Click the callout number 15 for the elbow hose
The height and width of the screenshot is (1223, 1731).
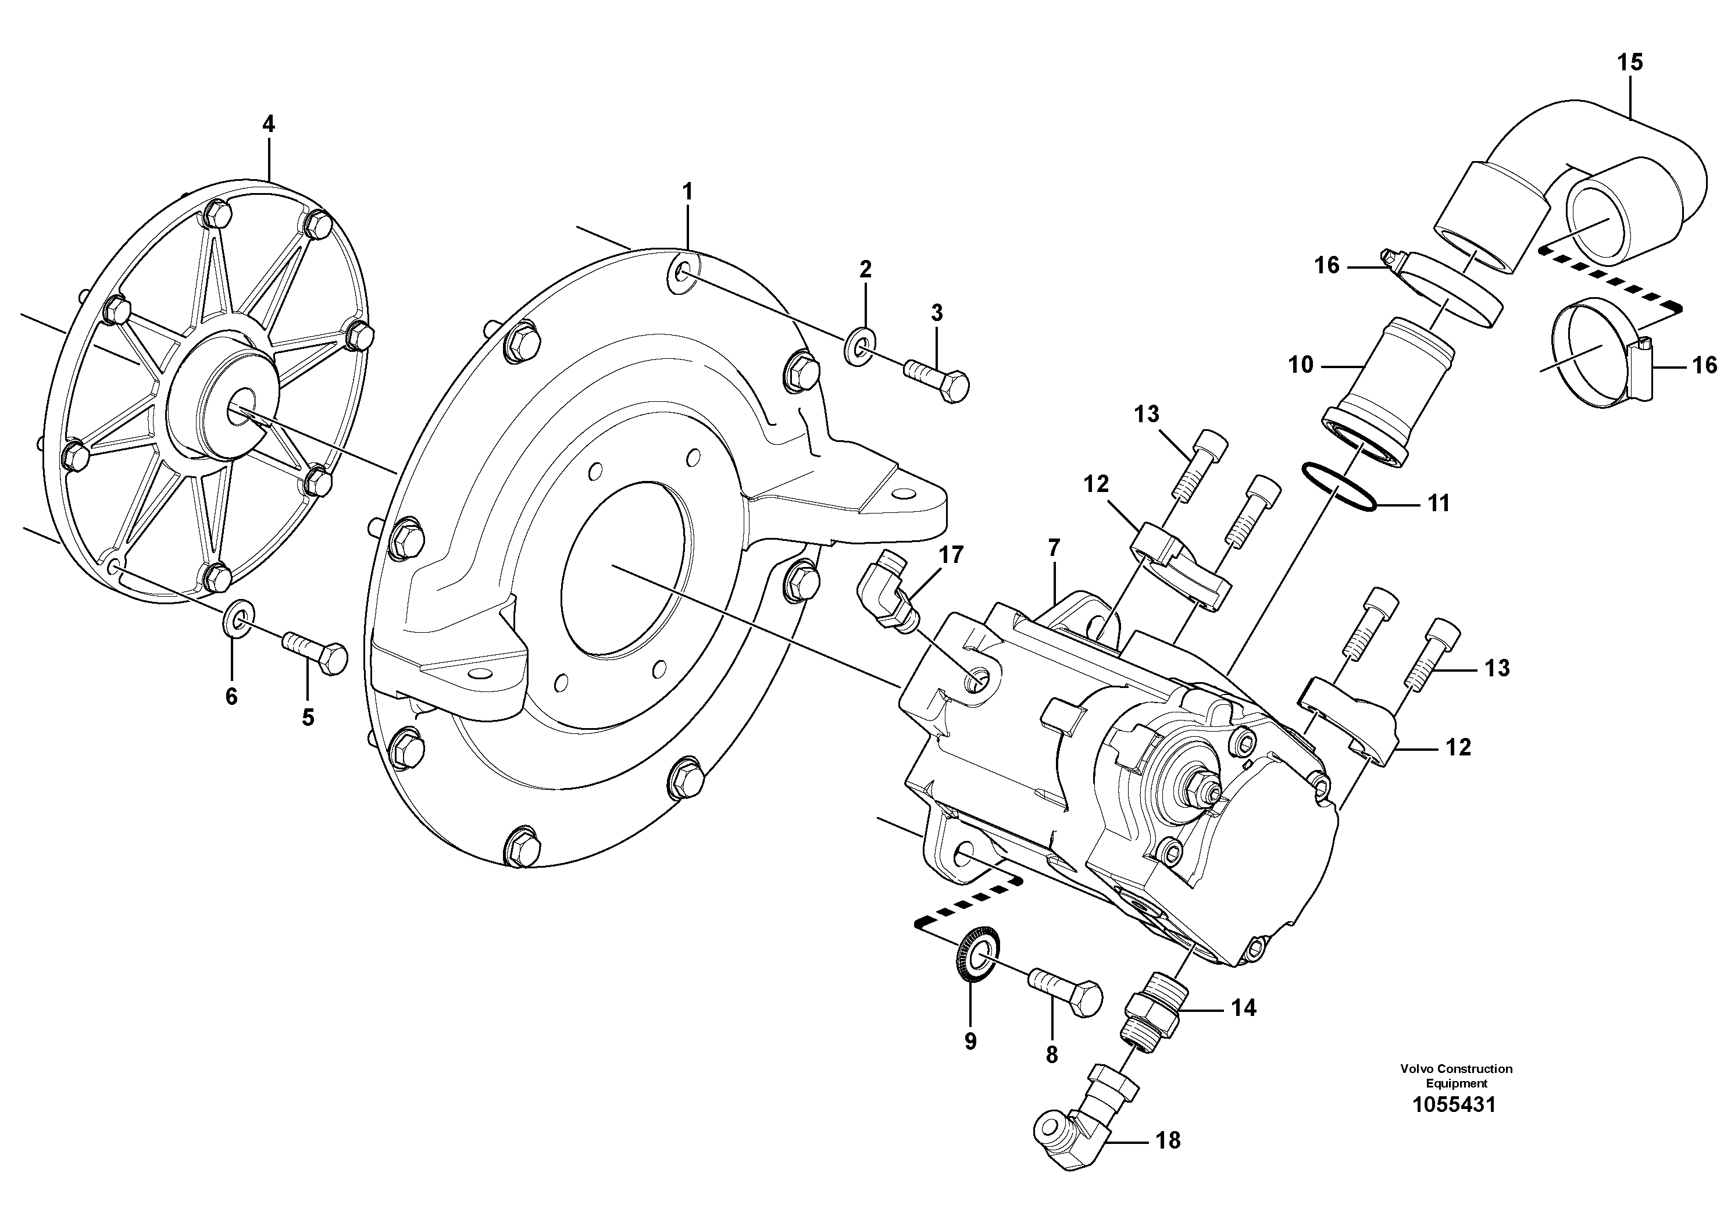(x=1629, y=63)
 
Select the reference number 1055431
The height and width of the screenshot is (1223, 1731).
(x=1454, y=1106)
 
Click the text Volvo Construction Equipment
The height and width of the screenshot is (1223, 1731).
(x=1456, y=1076)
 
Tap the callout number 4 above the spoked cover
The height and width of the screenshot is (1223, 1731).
(x=269, y=124)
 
